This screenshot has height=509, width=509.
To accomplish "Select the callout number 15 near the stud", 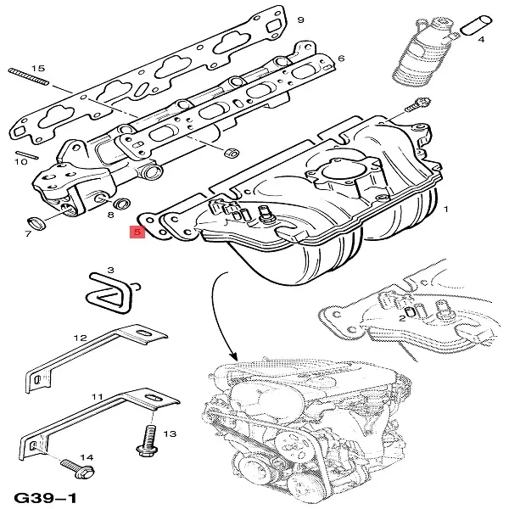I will pyautogui.click(x=36, y=68).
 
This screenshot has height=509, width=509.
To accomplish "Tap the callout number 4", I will pyautogui.click(x=481, y=39).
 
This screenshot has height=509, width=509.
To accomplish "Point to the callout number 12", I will pyautogui.click(x=80, y=338).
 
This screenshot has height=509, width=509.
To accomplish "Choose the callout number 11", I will pyautogui.click(x=97, y=396).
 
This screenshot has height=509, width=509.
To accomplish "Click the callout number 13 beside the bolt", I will pyautogui.click(x=169, y=433).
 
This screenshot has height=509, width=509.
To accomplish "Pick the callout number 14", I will pyautogui.click(x=86, y=457).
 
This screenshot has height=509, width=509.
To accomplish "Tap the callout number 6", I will pyautogui.click(x=341, y=59).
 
